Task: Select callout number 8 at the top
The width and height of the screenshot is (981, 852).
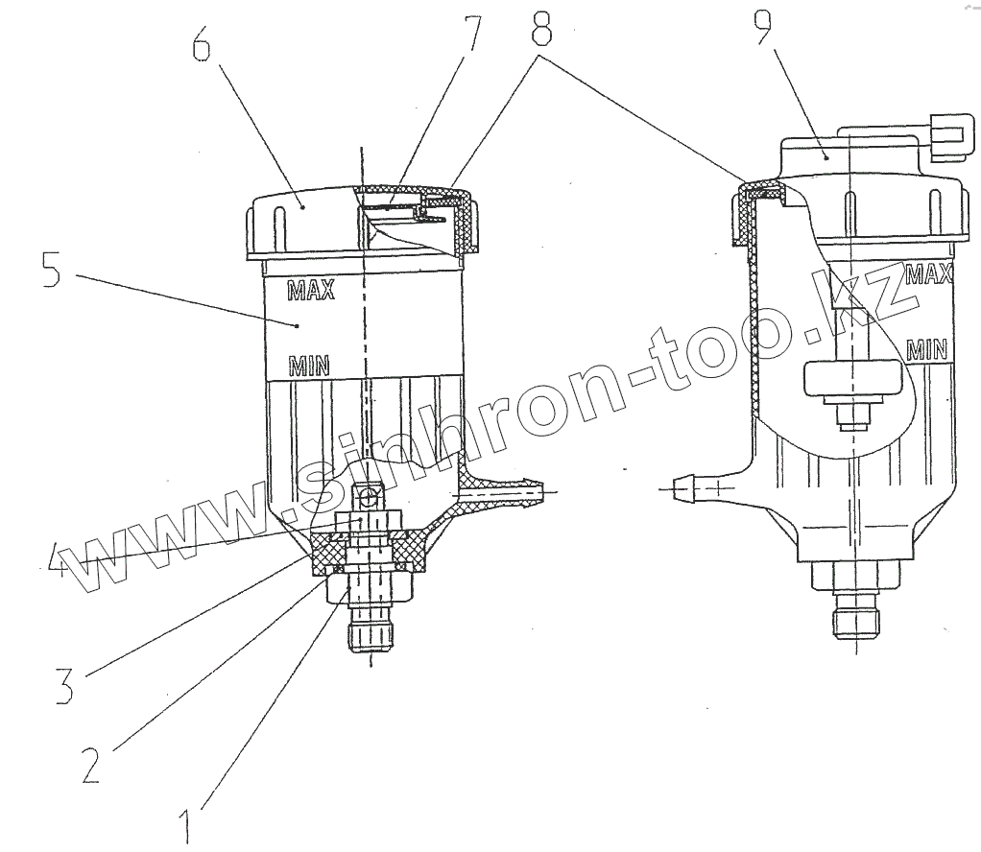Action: (542, 31)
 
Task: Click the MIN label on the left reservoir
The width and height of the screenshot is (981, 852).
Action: (309, 365)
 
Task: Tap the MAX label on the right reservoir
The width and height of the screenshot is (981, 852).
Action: (927, 274)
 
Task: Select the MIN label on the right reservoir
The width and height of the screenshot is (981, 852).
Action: (927, 349)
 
